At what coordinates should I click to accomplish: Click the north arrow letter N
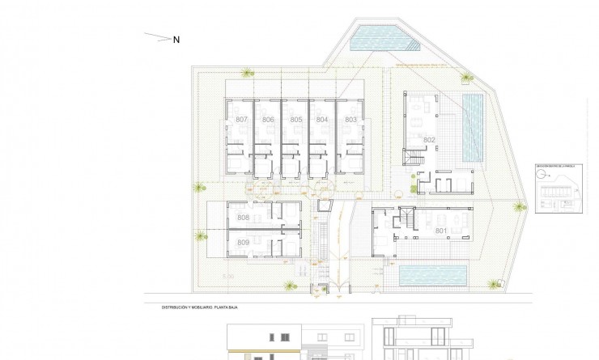coord(176,39)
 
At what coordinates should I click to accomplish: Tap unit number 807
coord(241,120)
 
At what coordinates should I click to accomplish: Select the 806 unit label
coord(269,120)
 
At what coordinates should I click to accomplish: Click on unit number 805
coord(296,120)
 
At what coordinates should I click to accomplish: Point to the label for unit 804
coord(322,120)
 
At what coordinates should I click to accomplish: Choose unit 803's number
coord(350,120)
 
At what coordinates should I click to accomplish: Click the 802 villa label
coord(429,140)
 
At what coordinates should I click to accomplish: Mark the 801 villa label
coord(441,231)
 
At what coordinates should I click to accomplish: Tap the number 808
coord(243,218)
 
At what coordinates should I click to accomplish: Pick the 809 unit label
coord(243,243)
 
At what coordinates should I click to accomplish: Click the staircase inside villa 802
coord(414,158)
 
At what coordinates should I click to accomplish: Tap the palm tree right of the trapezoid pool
coord(467,78)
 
